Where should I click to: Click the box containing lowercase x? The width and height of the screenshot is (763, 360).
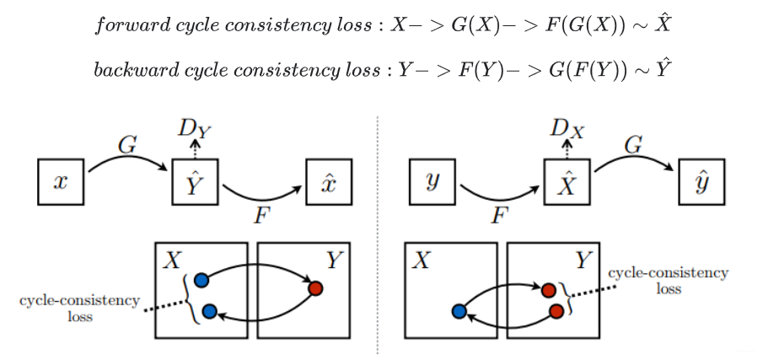click(x=60, y=180)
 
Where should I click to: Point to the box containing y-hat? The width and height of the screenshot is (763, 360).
click(x=701, y=180)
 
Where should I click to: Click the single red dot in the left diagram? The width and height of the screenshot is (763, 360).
click(x=316, y=288)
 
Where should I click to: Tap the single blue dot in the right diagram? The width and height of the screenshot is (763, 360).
click(x=459, y=311)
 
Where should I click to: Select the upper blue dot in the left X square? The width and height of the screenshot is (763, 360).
click(x=201, y=280)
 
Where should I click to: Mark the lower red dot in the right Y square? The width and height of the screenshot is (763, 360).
click(x=556, y=311)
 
